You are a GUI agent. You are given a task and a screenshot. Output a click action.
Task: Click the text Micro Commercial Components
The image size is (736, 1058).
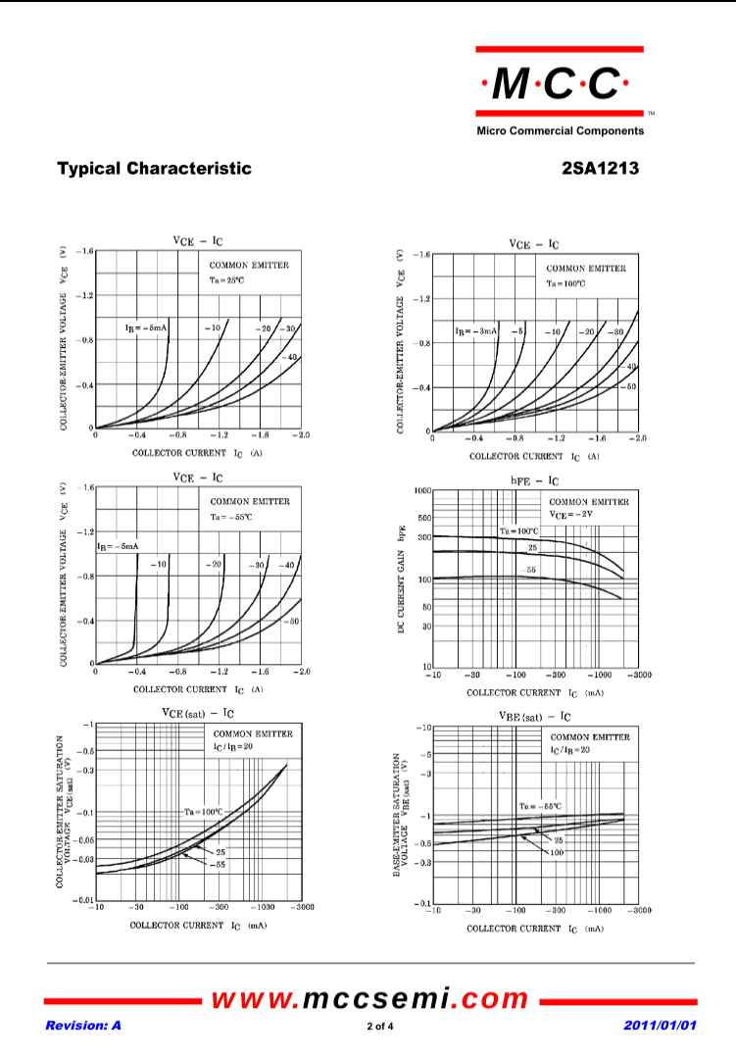tap(560, 130)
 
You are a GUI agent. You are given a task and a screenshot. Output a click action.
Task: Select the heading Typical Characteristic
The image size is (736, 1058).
tap(154, 169)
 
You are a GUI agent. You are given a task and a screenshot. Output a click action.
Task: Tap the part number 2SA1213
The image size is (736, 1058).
tap(601, 169)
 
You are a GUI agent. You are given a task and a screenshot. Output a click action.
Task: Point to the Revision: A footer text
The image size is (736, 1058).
tap(82, 1026)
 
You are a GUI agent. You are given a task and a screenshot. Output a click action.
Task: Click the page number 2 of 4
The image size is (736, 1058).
tap(371, 1027)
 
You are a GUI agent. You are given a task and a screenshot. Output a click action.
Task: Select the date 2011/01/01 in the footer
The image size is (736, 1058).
tap(660, 1026)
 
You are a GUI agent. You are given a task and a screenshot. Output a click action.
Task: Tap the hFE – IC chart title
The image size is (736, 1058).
tap(535, 480)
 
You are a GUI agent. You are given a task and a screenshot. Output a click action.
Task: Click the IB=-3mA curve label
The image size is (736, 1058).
tap(477, 332)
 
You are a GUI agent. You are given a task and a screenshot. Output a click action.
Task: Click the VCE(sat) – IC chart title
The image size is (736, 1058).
tap(197, 713)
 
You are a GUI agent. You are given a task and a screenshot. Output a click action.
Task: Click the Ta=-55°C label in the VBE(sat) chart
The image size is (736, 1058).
tap(540, 806)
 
